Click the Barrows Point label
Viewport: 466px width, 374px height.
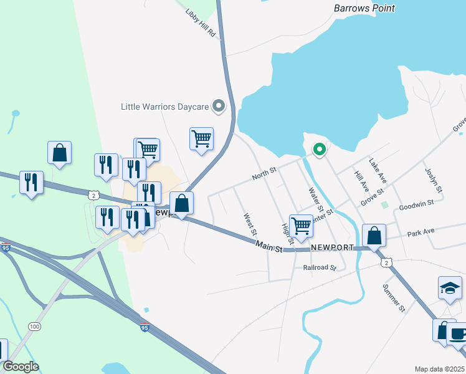pyautogui.click(x=364, y=8)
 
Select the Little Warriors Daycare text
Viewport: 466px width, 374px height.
pyautogui.click(x=164, y=107)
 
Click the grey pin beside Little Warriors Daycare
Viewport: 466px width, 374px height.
pyautogui.click(x=219, y=107)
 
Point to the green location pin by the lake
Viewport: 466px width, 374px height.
pyautogui.click(x=320, y=150)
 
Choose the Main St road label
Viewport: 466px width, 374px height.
pyautogui.click(x=269, y=247)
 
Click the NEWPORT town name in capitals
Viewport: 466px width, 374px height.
pyautogui.click(x=333, y=247)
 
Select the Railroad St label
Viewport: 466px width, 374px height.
pyautogui.click(x=320, y=267)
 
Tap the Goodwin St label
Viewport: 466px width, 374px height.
pyautogui.click(x=416, y=205)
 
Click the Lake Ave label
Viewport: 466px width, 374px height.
pyautogui.click(x=378, y=170)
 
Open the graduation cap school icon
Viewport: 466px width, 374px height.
pyautogui.click(x=450, y=288)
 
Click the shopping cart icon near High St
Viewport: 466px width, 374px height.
pyautogui.click(x=301, y=226)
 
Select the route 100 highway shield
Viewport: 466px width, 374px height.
pyautogui.click(x=34, y=327)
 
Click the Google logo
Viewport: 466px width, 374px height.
pyautogui.click(x=21, y=367)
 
